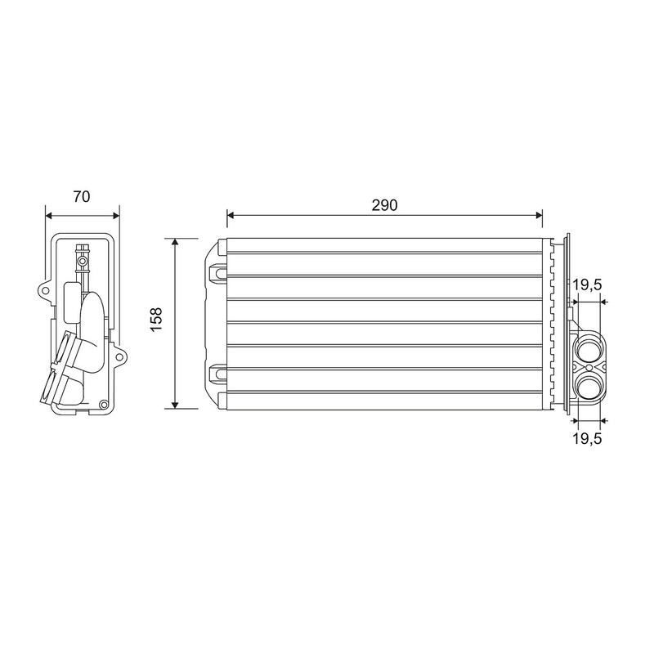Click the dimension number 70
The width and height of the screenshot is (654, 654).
(81, 196)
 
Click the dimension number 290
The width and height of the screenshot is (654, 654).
(384, 205)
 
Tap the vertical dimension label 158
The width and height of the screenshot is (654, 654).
(156, 320)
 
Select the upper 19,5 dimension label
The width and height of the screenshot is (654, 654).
(587, 284)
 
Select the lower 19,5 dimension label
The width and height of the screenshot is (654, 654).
(587, 438)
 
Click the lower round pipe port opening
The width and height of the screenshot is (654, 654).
(589, 386)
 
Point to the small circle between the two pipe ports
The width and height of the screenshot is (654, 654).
(589, 367)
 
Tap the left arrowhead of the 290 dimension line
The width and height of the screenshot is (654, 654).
(231, 215)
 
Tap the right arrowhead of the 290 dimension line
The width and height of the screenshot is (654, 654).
(539, 215)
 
